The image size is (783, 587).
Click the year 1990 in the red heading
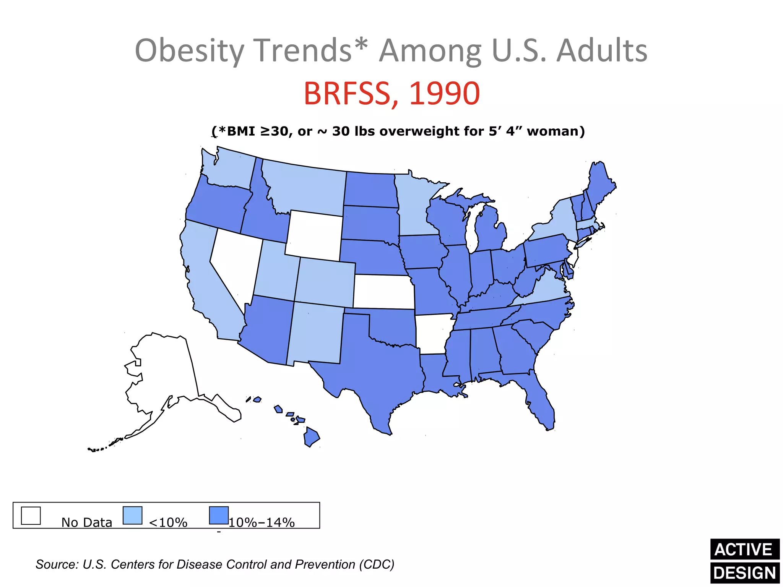click(x=444, y=94)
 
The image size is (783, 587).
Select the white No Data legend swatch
click(x=31, y=516)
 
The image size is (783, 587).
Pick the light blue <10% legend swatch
click(x=133, y=516)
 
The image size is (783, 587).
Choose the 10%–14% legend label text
click(x=262, y=522)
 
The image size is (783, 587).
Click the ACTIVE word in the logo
click(x=744, y=550)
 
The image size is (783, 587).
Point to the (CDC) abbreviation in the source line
click(x=376, y=564)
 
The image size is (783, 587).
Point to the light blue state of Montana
click(x=306, y=187)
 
